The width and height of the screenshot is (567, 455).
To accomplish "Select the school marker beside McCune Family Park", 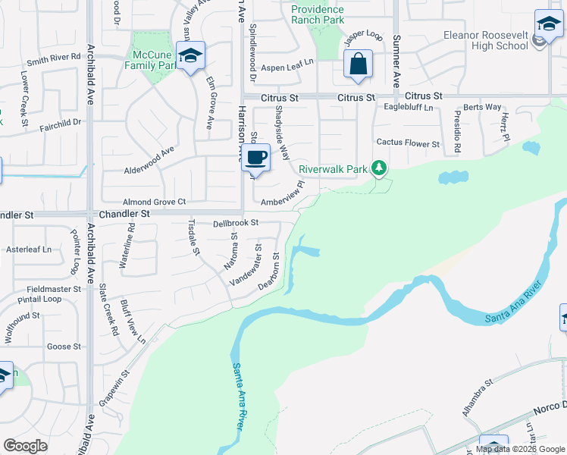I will click(190, 56).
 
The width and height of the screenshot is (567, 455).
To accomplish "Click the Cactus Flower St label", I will click(408, 143).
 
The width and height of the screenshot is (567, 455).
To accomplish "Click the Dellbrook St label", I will click(236, 223).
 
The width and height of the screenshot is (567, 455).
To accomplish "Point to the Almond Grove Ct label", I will click(155, 202).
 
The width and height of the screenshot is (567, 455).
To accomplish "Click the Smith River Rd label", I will click(54, 57).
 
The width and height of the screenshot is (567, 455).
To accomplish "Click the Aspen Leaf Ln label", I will click(287, 67).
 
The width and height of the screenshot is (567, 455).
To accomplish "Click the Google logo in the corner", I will click(25, 446).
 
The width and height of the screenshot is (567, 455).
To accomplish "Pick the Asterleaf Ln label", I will click(28, 249).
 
